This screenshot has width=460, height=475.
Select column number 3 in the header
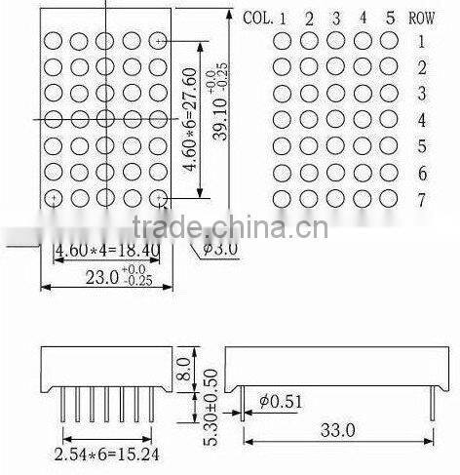pyautogui.click(x=334, y=18)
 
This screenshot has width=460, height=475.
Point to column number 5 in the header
pyautogui.click(x=388, y=18)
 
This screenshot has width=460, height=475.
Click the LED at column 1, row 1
pyautogui.click(x=283, y=41)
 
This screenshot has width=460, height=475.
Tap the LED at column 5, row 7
pyautogui.click(x=388, y=199)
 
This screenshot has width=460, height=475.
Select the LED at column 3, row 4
pyautogui.click(x=335, y=120)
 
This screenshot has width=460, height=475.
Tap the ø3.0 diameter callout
pyautogui.click(x=220, y=250)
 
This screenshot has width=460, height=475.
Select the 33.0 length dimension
pyautogui.click(x=336, y=429)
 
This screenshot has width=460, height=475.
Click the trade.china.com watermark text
pyautogui.click(x=230, y=228)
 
